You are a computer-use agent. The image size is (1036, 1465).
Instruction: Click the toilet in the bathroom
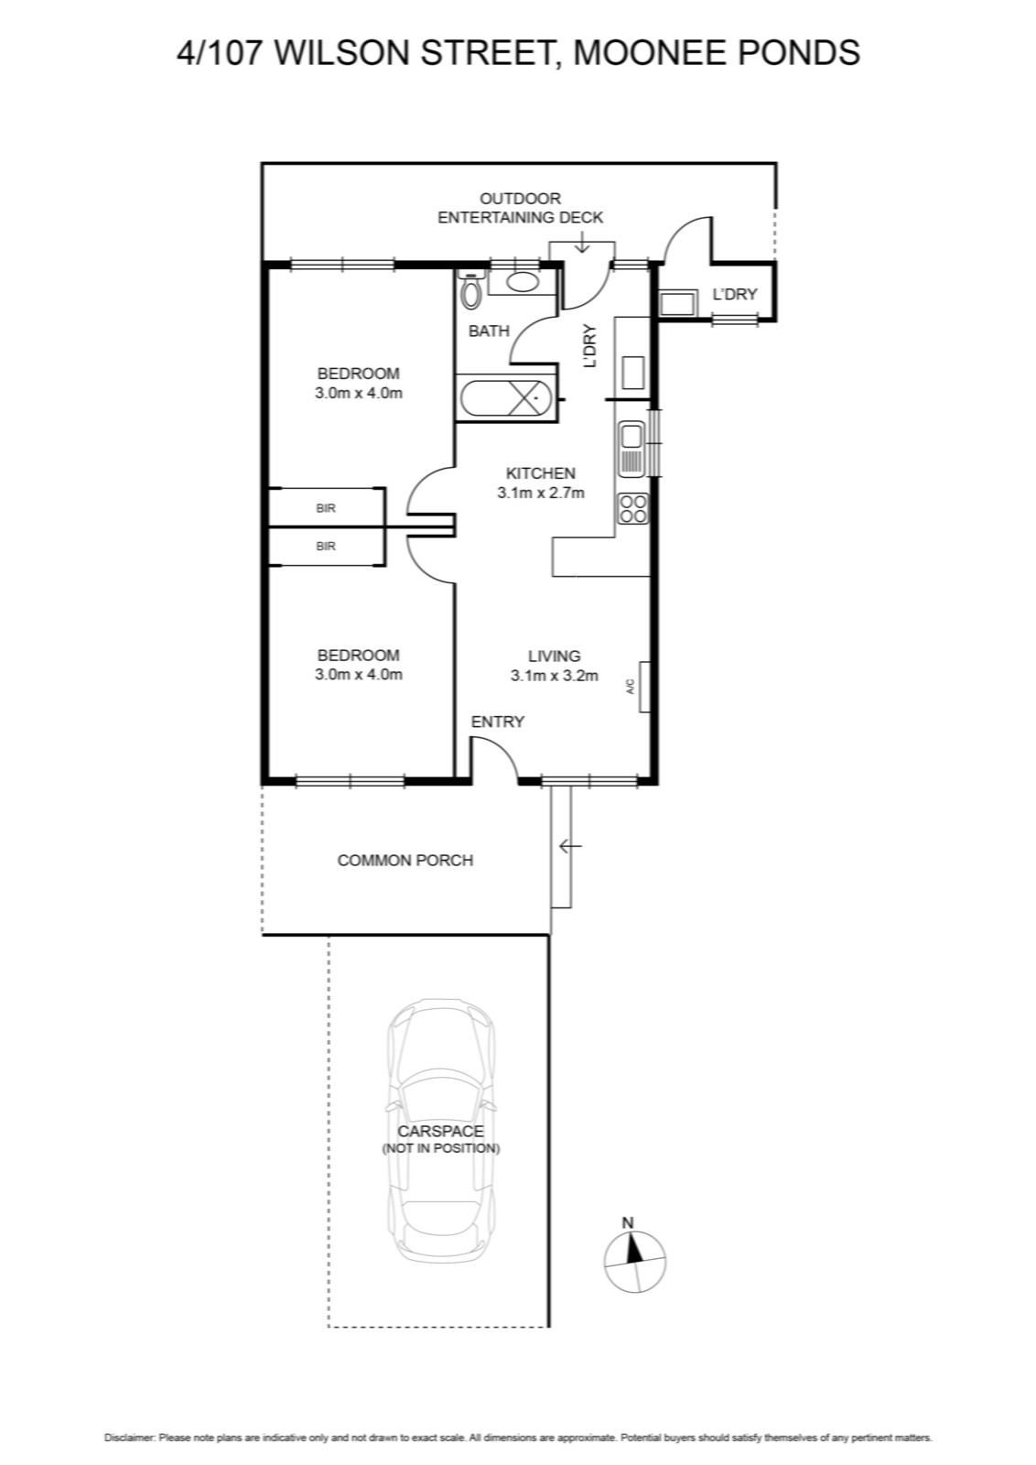(x=470, y=289)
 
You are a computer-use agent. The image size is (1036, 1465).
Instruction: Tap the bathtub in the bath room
(x=507, y=397)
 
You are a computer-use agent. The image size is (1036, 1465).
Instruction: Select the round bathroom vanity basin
(x=523, y=283)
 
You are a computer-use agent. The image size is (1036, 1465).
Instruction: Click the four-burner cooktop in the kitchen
(x=632, y=508)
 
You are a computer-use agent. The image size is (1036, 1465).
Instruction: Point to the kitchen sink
(x=631, y=449)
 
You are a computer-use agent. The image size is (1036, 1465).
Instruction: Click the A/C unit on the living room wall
(x=643, y=686)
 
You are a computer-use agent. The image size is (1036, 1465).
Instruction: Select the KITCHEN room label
(x=541, y=472)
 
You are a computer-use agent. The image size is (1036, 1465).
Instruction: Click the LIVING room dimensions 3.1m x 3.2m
(x=555, y=676)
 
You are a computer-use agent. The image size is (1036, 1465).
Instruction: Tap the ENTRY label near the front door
(x=498, y=722)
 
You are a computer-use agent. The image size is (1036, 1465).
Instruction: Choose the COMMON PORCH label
(x=405, y=860)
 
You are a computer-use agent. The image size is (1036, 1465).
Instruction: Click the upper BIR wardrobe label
(x=326, y=507)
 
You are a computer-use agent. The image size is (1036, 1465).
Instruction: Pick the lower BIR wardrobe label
(x=326, y=546)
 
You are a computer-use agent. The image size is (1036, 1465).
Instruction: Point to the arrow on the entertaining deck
(x=582, y=244)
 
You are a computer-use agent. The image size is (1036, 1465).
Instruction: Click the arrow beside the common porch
(x=570, y=846)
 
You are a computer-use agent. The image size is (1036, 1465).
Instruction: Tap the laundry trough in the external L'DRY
(x=677, y=303)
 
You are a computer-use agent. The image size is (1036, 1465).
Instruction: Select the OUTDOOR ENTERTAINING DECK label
(x=520, y=208)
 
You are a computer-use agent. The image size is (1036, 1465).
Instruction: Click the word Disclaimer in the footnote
(x=129, y=1438)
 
